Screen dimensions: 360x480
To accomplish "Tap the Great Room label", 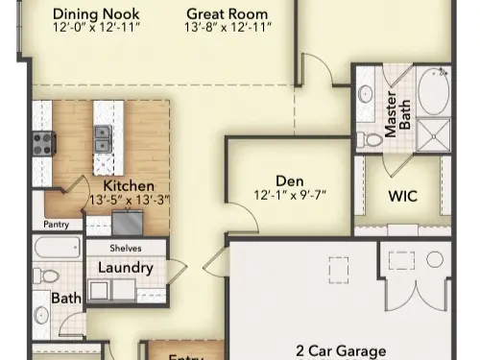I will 227,14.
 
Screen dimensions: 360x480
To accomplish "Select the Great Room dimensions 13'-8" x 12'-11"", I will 228,29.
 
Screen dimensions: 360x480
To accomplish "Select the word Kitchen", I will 129,184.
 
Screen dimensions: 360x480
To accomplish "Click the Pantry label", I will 56,226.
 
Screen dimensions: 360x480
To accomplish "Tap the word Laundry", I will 126,268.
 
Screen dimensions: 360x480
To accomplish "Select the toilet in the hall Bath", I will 41,314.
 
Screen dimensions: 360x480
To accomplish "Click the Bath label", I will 66,299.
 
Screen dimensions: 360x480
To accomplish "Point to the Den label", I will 289,180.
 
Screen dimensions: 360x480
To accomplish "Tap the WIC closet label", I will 402,196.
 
